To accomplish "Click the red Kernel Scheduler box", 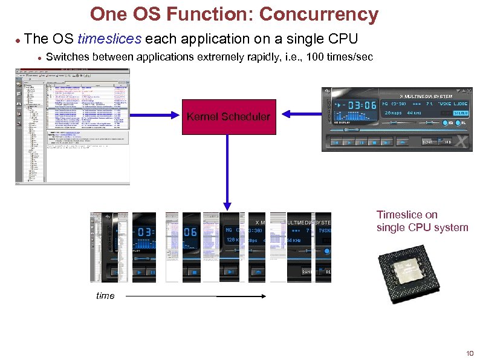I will coord(229,116).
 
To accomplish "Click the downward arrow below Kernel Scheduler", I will coord(228,175).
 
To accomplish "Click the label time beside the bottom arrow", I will coord(105,295).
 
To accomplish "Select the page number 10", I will coord(469,353).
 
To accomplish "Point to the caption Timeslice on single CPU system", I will coord(421,221).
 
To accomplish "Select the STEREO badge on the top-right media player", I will coord(461,113).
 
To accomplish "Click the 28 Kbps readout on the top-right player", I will coord(393,113).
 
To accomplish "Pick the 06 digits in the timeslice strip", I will coord(190,232).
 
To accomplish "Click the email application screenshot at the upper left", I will coord(73,124).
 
